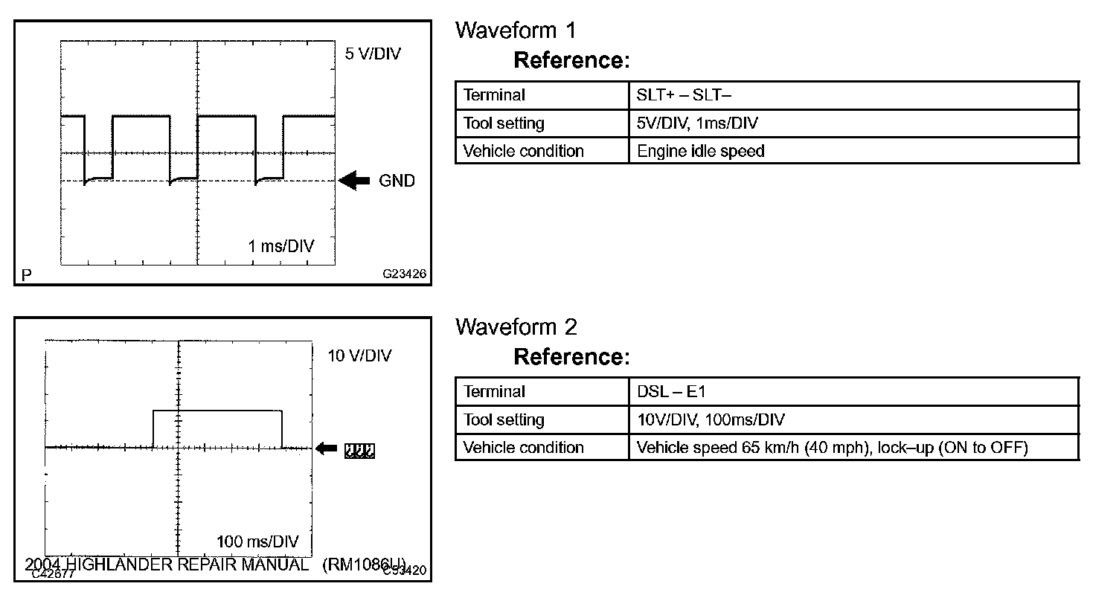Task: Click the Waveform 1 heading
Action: click(516, 30)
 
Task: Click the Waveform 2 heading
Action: click(516, 327)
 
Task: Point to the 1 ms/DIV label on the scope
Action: click(280, 246)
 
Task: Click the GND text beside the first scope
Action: click(397, 181)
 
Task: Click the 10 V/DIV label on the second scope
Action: click(360, 356)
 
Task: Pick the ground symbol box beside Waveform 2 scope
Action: click(359, 448)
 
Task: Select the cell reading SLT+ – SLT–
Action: click(685, 95)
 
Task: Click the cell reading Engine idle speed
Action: click(700, 151)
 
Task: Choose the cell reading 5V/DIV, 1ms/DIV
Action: click(697, 123)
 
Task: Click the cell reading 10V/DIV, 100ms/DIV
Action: click(711, 419)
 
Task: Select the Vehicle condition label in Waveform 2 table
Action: click(523, 448)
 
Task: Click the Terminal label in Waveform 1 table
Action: click(494, 95)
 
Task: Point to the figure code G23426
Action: click(405, 274)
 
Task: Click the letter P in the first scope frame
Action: click(27, 275)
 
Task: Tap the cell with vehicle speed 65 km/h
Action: click(832, 448)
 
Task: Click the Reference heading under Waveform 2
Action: click(571, 357)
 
